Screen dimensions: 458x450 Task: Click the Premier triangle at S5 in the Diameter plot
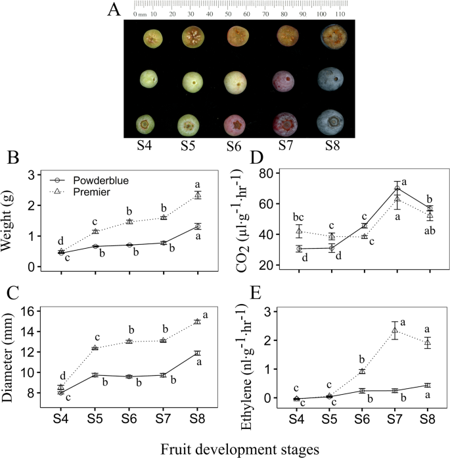tap(95, 347)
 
